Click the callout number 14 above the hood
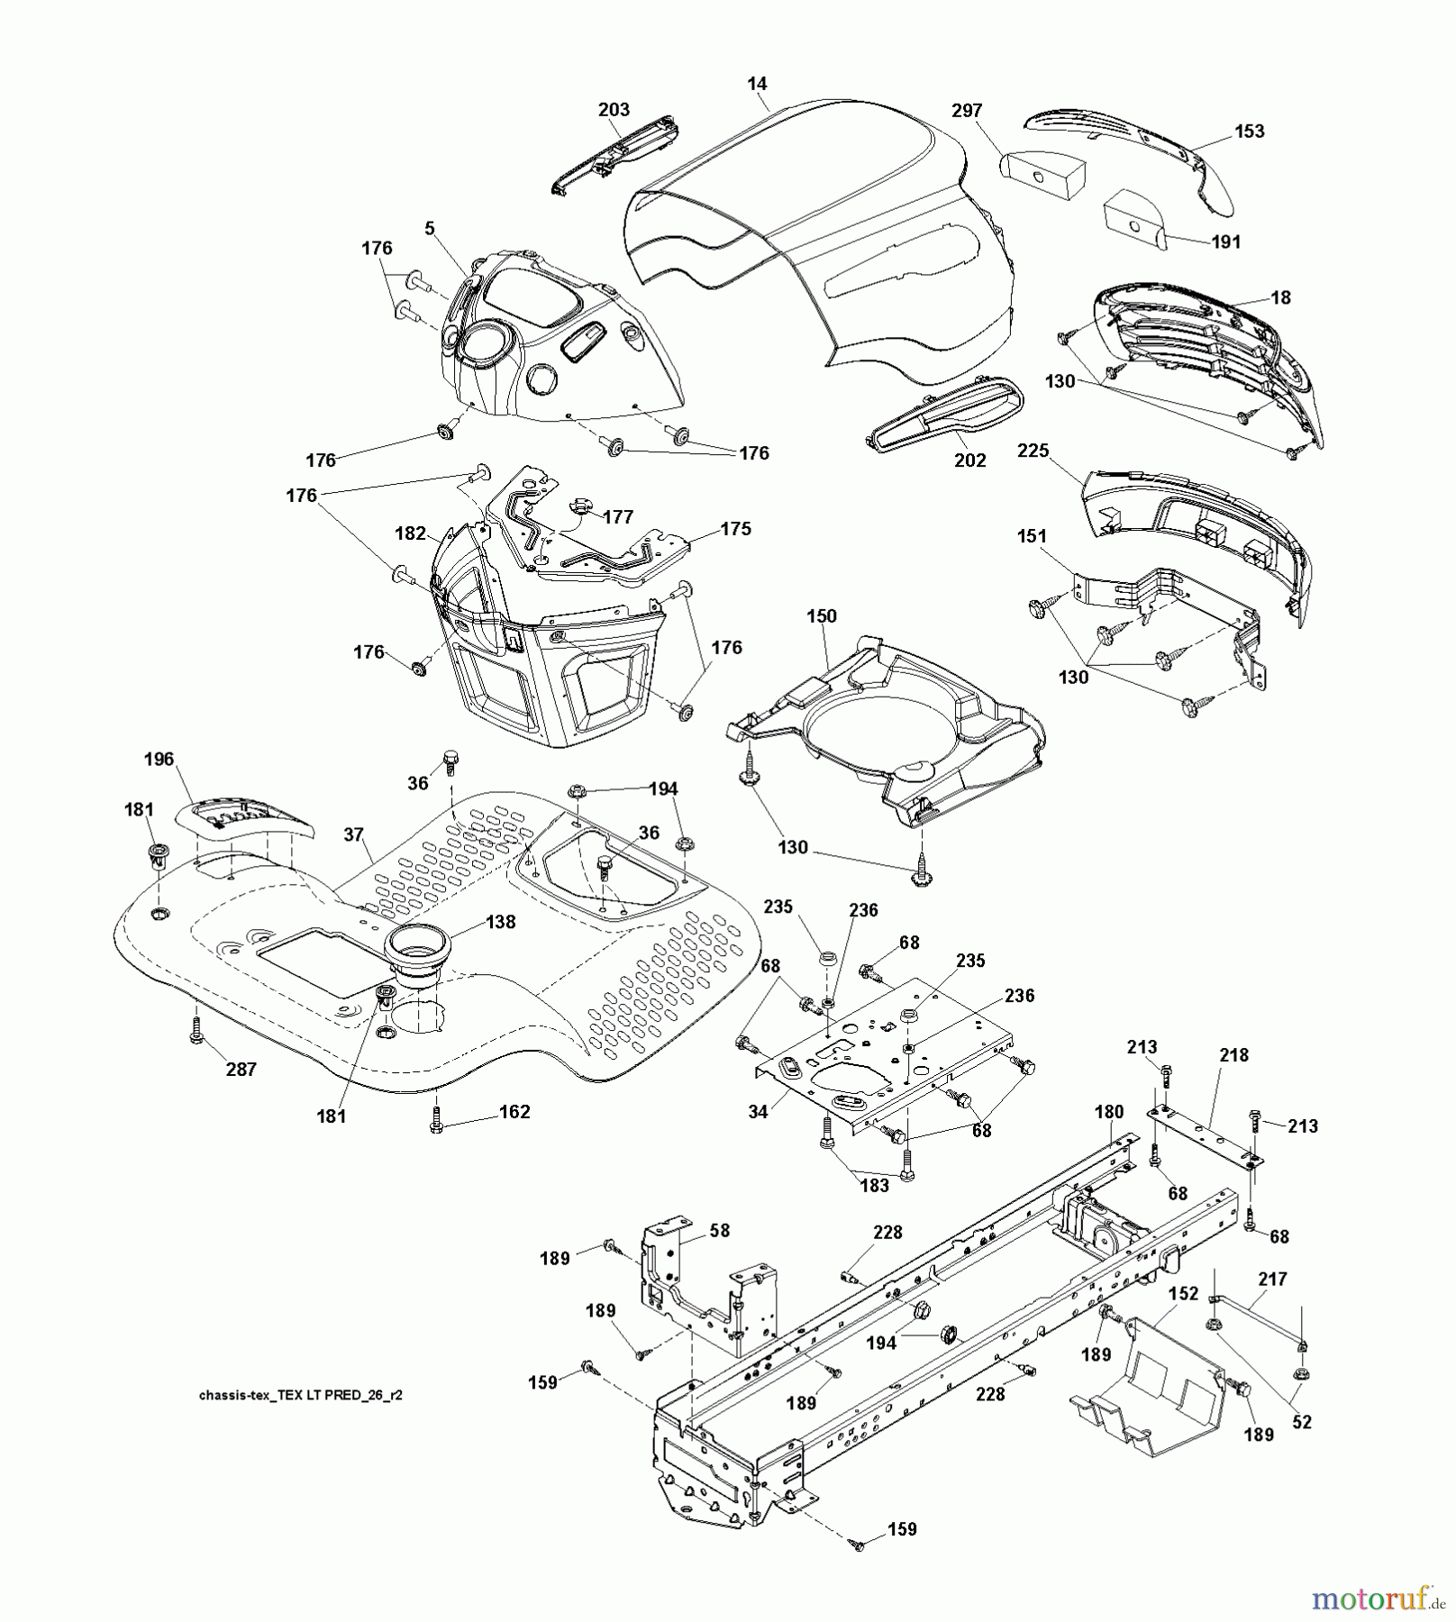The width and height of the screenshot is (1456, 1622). point(757,84)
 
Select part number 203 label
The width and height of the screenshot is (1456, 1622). point(614,109)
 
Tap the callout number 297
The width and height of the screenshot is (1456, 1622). point(967,110)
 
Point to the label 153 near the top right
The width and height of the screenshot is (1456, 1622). point(1249,131)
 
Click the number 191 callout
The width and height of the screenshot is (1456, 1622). point(1225,241)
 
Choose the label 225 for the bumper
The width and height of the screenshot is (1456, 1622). point(1033,450)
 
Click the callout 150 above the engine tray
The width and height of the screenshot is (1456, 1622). point(821,615)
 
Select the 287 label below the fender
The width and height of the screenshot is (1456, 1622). point(241,1069)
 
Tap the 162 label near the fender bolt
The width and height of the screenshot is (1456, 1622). point(514,1111)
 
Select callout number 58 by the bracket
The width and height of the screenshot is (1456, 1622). point(720,1230)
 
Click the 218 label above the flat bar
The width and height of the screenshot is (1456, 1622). point(1233,1054)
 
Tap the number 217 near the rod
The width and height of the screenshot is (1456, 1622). point(1272,1279)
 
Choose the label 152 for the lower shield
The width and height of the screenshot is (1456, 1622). point(1183,1293)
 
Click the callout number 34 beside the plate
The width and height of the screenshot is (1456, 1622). point(758,1111)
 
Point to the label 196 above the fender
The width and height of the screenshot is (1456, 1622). point(159,759)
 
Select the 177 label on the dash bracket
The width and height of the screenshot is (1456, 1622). point(618,516)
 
